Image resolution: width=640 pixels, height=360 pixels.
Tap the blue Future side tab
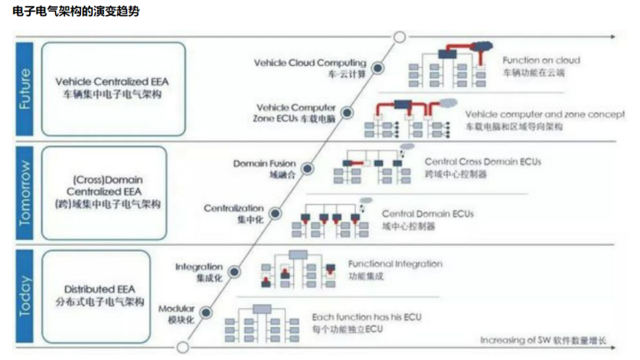click(26, 88)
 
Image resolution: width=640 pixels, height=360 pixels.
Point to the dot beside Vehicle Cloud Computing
click(379, 68)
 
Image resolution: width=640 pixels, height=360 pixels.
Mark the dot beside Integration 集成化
click(235, 271)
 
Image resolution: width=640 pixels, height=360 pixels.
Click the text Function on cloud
click(541, 60)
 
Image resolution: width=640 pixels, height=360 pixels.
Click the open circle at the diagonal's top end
click(400, 36)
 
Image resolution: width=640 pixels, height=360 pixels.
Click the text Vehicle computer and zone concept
click(545, 113)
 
